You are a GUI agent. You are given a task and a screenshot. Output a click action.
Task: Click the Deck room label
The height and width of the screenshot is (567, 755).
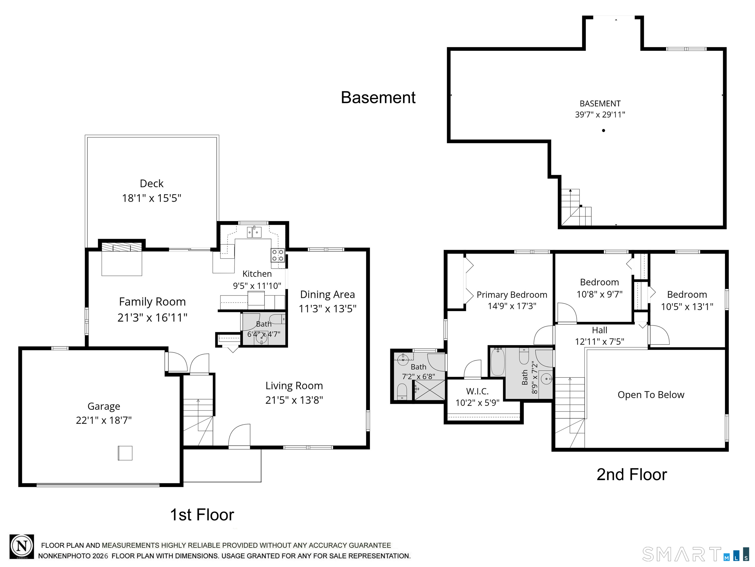point(152,184)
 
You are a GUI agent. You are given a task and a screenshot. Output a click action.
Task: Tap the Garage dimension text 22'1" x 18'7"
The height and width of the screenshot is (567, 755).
point(104,420)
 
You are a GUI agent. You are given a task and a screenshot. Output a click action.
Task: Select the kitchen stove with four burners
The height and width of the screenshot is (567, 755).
point(278,255)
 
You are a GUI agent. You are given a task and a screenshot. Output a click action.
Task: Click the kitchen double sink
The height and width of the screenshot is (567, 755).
point(254,232)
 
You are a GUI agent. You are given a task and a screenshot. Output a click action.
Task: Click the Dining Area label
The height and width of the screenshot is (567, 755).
point(327,295)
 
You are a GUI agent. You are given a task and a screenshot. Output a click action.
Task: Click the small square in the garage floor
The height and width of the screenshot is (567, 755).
point(125,453)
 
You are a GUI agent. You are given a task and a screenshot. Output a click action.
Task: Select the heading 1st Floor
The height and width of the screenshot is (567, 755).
point(202,515)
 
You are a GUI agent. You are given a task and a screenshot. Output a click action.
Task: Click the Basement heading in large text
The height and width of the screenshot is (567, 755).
point(378,97)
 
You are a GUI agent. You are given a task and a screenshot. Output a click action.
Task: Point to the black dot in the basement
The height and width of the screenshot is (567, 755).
point(603,130)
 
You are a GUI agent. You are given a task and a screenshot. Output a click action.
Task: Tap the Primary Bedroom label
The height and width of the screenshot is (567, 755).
point(512,295)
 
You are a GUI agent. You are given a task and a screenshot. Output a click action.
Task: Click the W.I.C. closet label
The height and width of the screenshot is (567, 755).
point(477,391)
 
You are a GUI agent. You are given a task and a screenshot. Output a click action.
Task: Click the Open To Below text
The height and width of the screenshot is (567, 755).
point(651,395)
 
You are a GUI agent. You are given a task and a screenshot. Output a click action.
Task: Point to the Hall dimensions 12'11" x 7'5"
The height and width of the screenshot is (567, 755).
point(600,341)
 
